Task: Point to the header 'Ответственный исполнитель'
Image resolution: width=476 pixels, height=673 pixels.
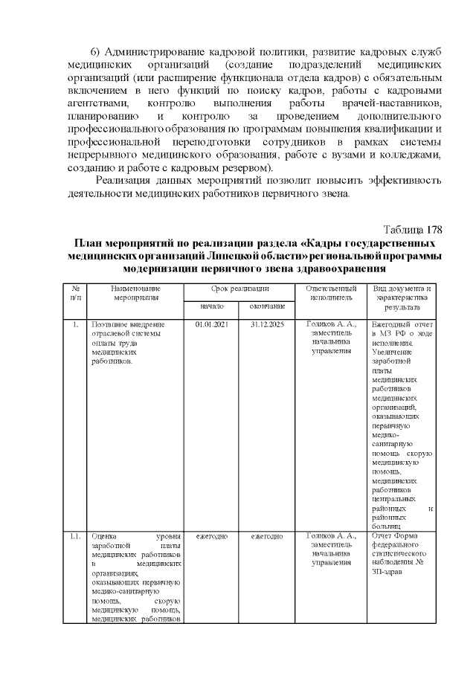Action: (331, 292)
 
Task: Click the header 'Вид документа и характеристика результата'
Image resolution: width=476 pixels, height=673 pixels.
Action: (402, 297)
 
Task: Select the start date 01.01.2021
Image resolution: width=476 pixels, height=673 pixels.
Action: (210, 325)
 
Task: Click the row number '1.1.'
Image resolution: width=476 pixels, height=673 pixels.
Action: (75, 535)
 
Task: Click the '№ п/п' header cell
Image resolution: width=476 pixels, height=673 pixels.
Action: (75, 292)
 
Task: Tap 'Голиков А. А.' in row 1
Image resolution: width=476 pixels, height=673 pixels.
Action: (331, 325)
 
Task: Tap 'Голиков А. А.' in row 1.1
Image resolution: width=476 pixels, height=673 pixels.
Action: (331, 535)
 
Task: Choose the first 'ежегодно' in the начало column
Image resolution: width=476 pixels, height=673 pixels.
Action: (210, 535)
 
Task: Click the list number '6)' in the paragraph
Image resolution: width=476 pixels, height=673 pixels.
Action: (96, 52)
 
